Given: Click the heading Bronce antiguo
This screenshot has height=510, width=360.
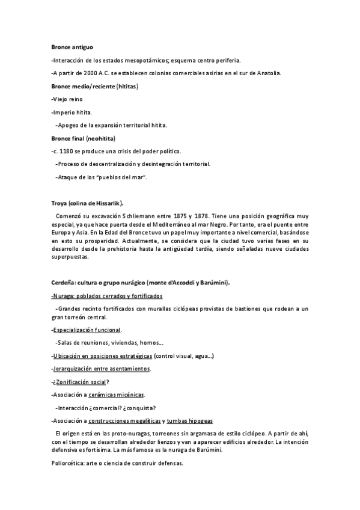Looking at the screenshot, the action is (72, 46).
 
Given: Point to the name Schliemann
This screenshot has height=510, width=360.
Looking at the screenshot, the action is (139, 215).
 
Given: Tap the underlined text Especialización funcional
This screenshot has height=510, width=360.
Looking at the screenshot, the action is (87, 330).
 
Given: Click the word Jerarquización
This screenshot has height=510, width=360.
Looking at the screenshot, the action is (73, 368).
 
